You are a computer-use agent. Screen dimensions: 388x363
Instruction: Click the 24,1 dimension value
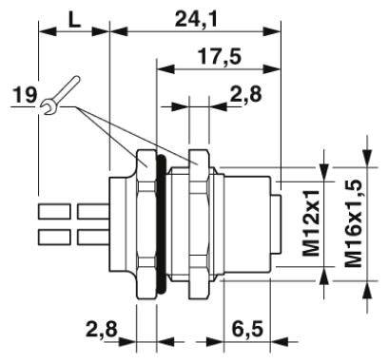[x=196, y=20]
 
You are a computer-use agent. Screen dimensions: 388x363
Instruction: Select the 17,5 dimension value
[x=220, y=57]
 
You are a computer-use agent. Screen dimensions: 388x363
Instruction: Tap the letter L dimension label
[x=74, y=20]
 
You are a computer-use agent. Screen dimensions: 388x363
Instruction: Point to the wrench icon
[x=60, y=95]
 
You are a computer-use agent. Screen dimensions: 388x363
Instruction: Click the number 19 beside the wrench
[x=25, y=95]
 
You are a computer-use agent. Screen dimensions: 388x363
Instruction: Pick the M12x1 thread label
[x=311, y=223]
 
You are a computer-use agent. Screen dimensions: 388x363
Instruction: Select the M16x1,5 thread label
[x=354, y=223]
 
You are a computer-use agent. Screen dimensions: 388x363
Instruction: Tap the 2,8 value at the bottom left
[x=102, y=330]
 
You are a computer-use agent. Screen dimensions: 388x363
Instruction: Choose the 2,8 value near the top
[x=246, y=94]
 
